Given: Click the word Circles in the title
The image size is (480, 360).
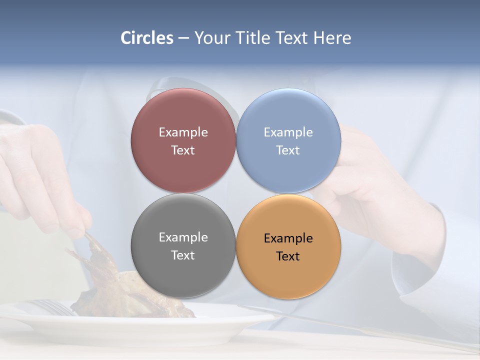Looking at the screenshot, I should tap(147, 38).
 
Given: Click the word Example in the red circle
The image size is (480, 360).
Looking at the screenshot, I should tap(183, 132).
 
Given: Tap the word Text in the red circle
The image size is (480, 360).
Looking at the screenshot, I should tap(183, 150).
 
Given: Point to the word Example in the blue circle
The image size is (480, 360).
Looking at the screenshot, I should tap(288, 132).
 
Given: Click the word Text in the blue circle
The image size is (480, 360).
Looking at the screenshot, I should tap(288, 150).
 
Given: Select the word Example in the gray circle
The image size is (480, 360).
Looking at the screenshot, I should tap(183, 237).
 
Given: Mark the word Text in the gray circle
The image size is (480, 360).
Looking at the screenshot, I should tap(183, 255).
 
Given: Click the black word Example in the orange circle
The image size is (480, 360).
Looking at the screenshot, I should tap(288, 238).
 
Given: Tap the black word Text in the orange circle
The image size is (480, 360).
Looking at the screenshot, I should tap(288, 256).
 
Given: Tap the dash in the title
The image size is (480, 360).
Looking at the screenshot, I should tap(183, 38).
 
